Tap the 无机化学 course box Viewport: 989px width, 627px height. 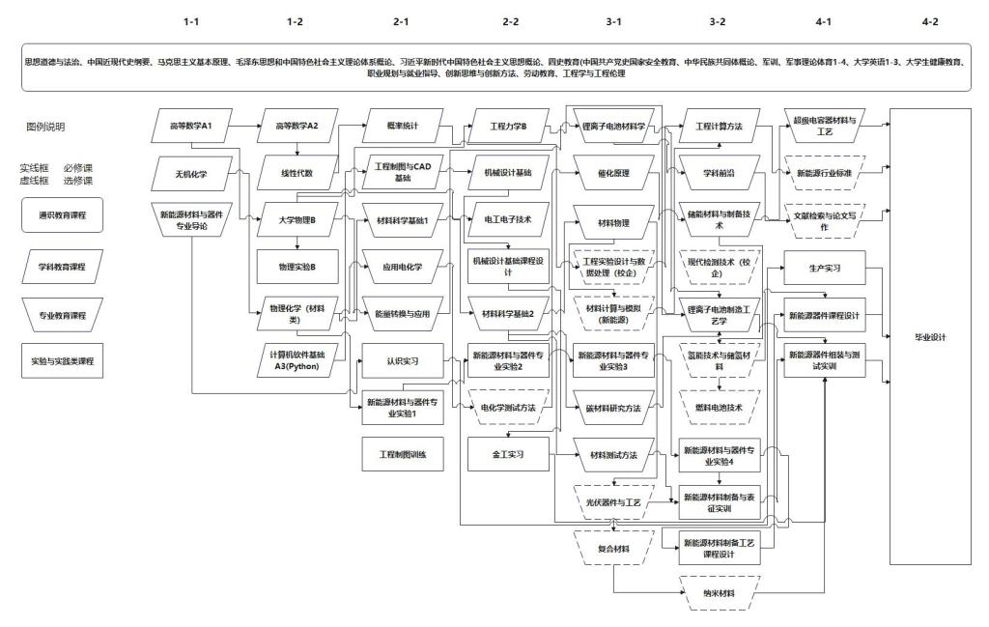click(x=190, y=173)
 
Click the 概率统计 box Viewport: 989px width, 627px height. click(x=402, y=126)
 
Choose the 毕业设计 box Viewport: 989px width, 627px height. click(x=930, y=337)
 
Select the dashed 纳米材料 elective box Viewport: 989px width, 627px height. click(x=720, y=592)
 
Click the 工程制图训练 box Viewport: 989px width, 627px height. click(x=402, y=453)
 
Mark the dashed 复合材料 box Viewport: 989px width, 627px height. click(x=613, y=548)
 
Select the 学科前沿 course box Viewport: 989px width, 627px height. click(x=720, y=173)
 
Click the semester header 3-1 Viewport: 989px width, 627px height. click(x=613, y=20)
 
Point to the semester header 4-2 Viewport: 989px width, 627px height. click(x=930, y=20)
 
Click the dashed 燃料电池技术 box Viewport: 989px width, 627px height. click(x=720, y=407)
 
